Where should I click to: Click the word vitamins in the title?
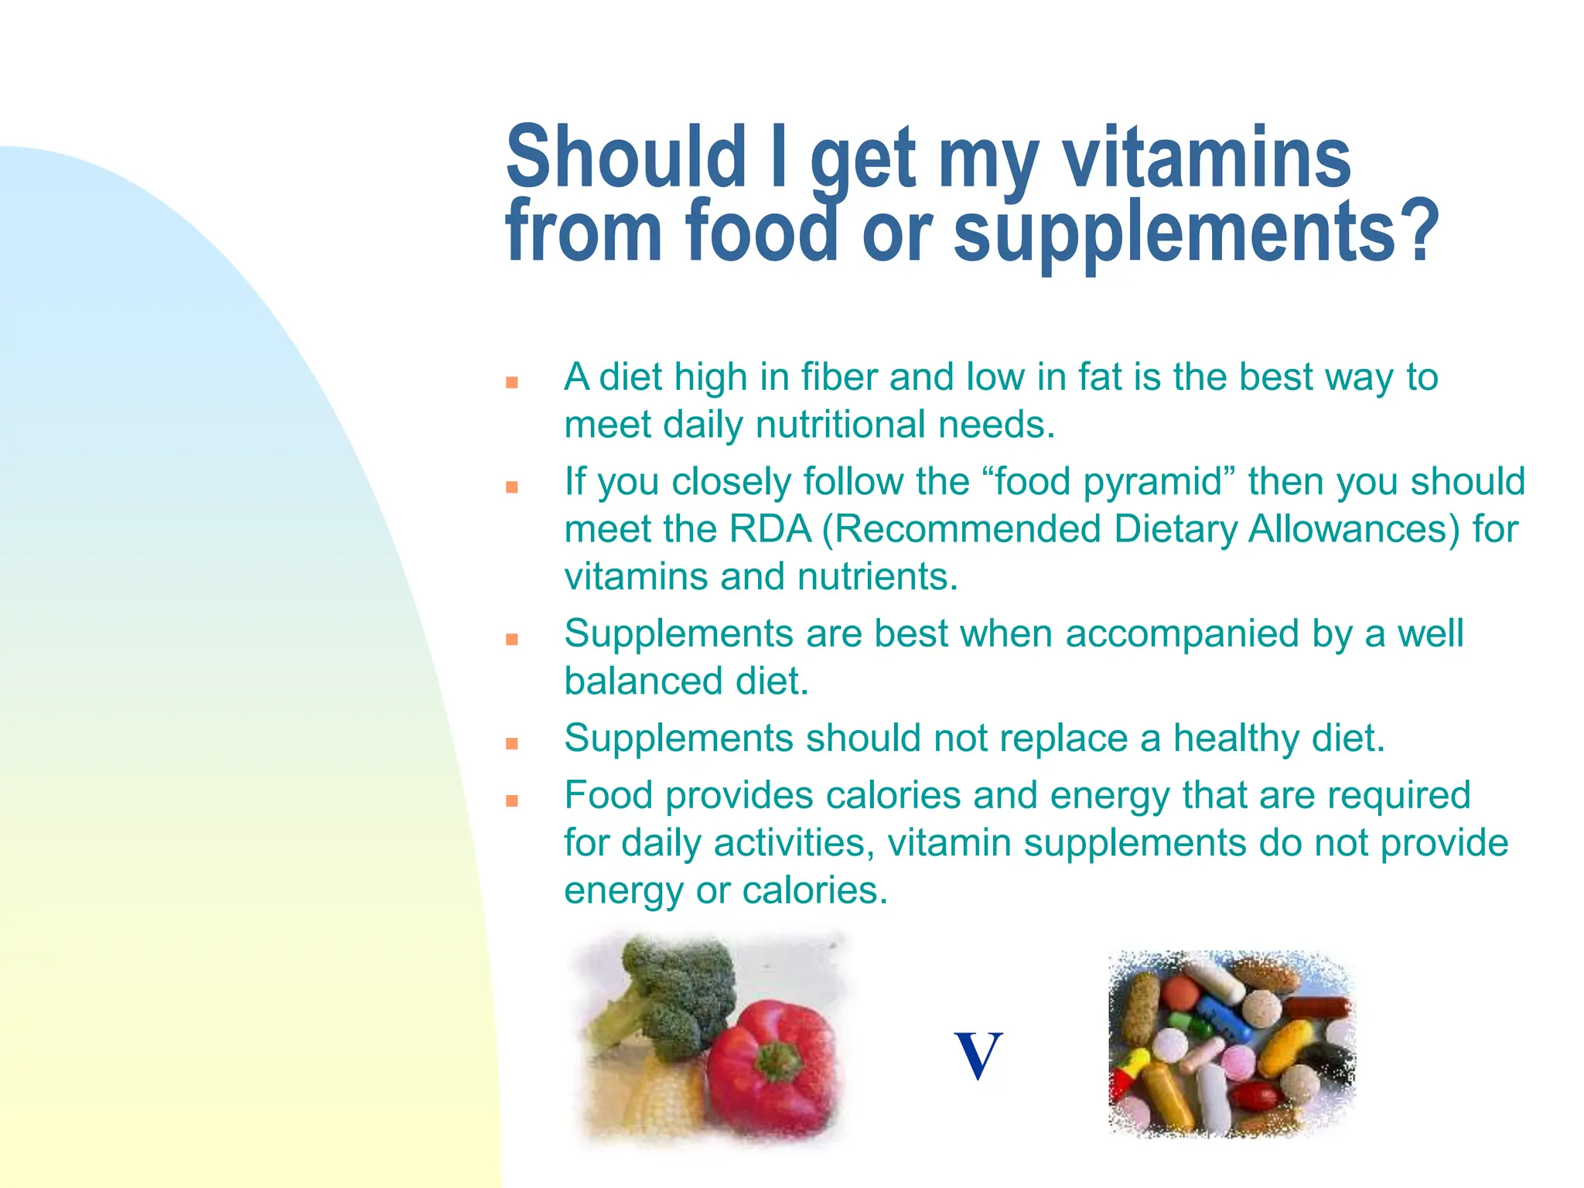pyautogui.click(x=1207, y=159)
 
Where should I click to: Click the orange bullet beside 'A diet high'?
pyautogui.click(x=511, y=382)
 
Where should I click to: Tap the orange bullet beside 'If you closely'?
pyautogui.click(x=511, y=487)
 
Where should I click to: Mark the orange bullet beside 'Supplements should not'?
pyautogui.click(x=511, y=744)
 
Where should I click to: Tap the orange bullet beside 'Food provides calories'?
pyautogui.click(x=511, y=801)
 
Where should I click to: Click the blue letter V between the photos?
pyautogui.click(x=978, y=1055)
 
